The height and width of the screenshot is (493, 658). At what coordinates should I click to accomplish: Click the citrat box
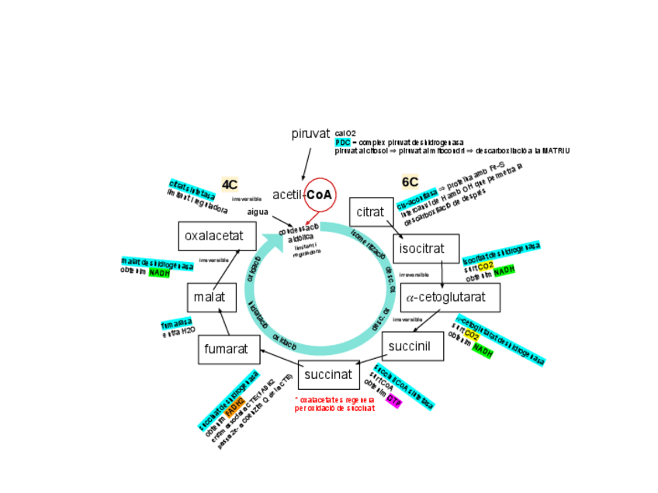(x=371, y=212)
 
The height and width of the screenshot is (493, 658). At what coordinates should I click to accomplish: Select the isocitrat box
(x=421, y=249)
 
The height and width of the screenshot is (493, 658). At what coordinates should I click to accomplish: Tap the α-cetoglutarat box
(x=450, y=297)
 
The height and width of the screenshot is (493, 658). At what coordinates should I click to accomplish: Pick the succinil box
(x=412, y=346)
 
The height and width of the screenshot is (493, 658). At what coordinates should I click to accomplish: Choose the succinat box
(x=328, y=374)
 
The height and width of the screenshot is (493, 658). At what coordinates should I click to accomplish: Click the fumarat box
(x=227, y=349)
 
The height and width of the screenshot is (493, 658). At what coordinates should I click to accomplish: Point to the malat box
(x=210, y=297)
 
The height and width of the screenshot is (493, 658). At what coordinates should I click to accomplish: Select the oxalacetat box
(x=216, y=236)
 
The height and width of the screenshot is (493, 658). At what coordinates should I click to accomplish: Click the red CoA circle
(x=319, y=195)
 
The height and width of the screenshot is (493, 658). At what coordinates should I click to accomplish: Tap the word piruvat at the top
(x=311, y=133)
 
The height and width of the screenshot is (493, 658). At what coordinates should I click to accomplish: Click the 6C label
(x=410, y=181)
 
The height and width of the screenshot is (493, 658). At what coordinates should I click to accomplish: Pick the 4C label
(x=230, y=184)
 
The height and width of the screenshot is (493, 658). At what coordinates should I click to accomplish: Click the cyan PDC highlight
(x=342, y=143)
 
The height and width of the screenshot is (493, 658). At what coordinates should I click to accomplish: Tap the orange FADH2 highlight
(x=235, y=402)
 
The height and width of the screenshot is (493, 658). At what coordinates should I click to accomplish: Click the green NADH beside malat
(x=159, y=273)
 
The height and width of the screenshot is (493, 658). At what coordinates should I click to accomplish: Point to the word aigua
(x=258, y=212)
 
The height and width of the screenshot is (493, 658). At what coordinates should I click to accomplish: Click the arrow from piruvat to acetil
(x=306, y=164)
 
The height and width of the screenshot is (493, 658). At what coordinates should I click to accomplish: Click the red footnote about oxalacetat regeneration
(x=334, y=404)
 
